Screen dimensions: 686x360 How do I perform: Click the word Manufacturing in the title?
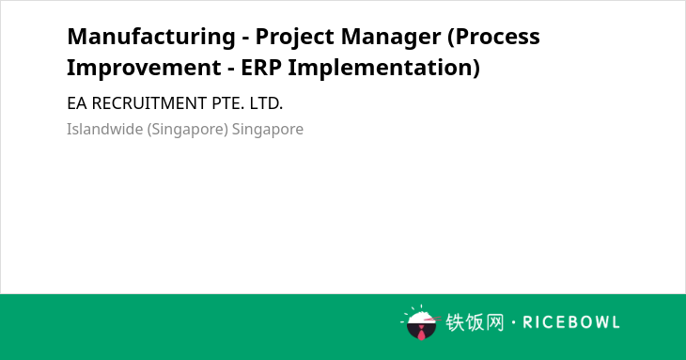tap(151, 37)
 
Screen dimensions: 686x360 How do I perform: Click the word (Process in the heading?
tap(493, 38)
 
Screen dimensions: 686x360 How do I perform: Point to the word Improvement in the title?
tap(144, 68)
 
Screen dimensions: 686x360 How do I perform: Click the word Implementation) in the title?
tap(383, 69)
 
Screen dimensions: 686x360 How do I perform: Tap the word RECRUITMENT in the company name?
tap(149, 103)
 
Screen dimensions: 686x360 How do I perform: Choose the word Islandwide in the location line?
tap(104, 129)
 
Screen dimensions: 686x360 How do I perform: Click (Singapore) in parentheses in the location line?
tap(188, 130)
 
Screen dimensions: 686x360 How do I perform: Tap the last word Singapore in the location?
tap(268, 130)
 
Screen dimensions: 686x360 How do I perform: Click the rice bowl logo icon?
tap(420, 322)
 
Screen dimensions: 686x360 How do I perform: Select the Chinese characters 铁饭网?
tap(475, 322)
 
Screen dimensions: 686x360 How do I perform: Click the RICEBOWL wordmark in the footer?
tap(571, 322)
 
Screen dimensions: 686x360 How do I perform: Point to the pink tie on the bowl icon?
tap(421, 334)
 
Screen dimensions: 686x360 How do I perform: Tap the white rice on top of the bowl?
tap(421, 317)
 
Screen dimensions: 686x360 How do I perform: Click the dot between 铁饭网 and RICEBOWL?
tap(513, 322)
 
